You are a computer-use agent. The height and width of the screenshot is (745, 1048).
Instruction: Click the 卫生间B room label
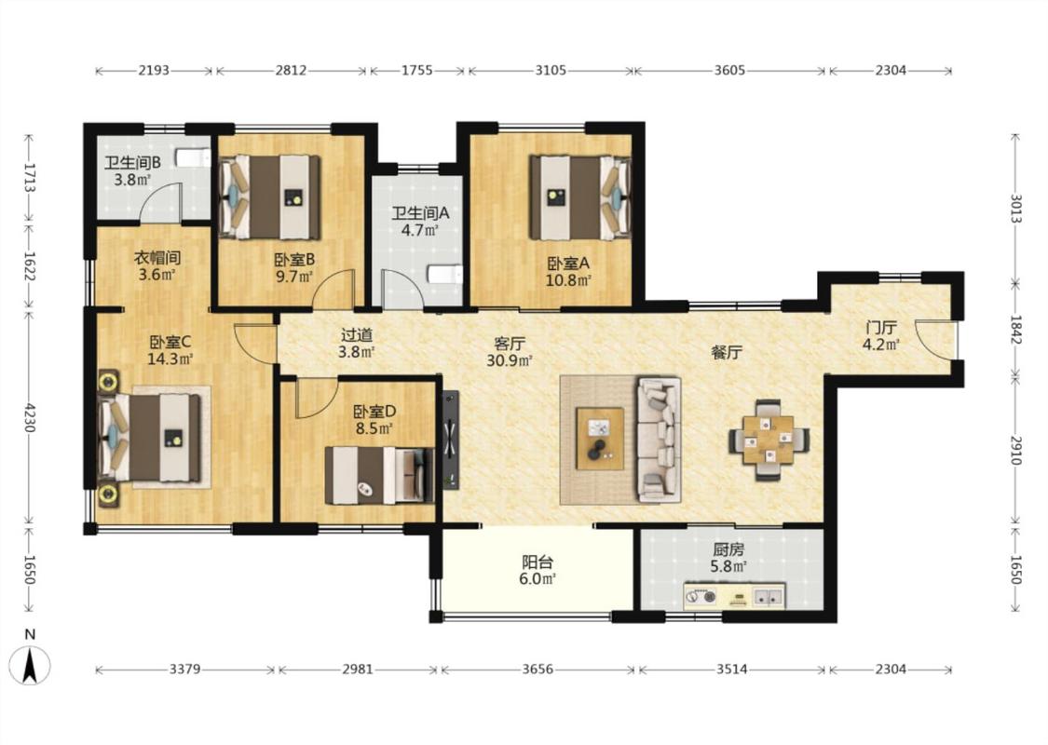tap(132, 162)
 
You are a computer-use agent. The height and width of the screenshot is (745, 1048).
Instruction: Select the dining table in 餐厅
tap(769, 440)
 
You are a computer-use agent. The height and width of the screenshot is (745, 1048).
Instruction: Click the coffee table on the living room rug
tap(600, 439)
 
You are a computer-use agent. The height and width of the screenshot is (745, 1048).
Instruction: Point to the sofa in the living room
tap(659, 440)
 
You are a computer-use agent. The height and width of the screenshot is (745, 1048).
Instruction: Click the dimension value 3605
tap(729, 70)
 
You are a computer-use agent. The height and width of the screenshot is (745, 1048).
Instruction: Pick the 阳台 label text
tap(538, 562)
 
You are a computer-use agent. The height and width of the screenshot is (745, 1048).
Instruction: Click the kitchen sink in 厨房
tap(768, 595)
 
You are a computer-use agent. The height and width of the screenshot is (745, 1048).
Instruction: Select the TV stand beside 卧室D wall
tap(451, 440)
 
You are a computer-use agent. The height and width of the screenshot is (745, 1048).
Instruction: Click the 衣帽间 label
tap(157, 257)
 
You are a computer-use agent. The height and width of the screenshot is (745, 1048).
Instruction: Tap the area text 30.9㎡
tap(510, 360)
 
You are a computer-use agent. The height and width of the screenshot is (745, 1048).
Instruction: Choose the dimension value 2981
tap(358, 669)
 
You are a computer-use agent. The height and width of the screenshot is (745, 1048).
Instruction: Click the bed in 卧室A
tap(580, 197)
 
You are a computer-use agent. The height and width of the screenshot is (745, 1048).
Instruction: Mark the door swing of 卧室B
tap(334, 288)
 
